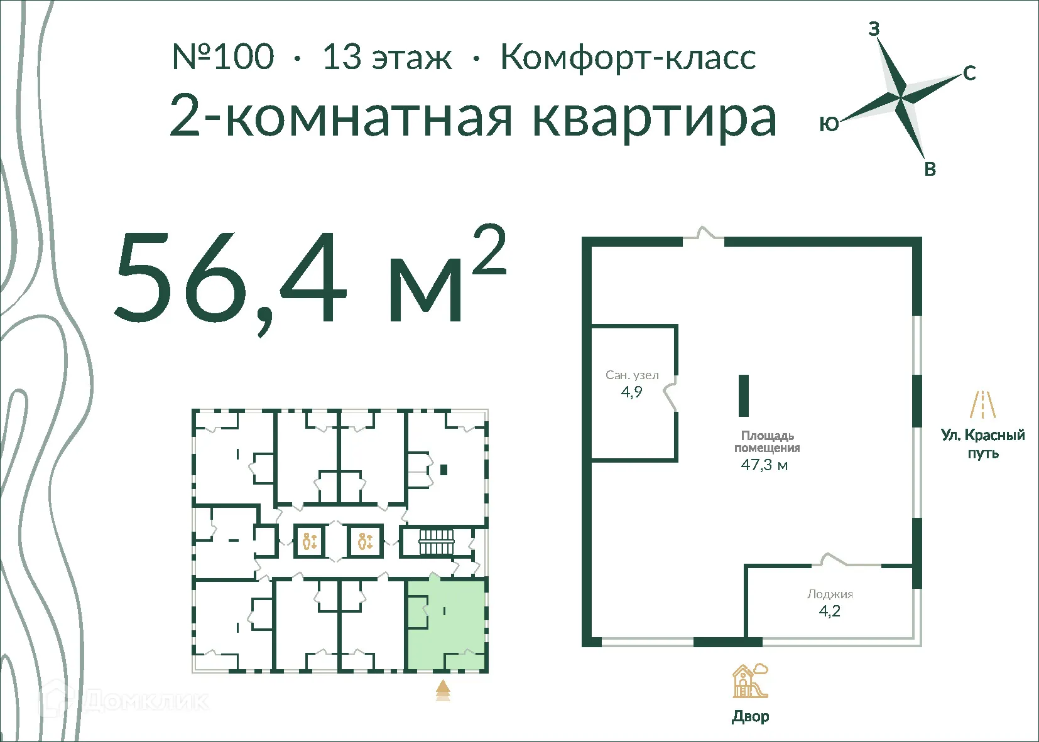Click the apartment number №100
pyautogui.click(x=223, y=57)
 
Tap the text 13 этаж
pyautogui.click(x=387, y=57)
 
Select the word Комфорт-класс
pyautogui.click(x=628, y=57)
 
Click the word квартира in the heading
pyautogui.click(x=655, y=118)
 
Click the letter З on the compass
pyautogui.click(x=874, y=29)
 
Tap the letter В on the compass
pyautogui.click(x=930, y=169)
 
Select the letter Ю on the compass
pyautogui.click(x=829, y=124)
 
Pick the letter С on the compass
pyautogui.click(x=969, y=73)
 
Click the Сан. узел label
pyautogui.click(x=632, y=375)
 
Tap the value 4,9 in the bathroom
pyautogui.click(x=632, y=392)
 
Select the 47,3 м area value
pyautogui.click(x=764, y=465)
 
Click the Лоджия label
pyautogui.click(x=830, y=594)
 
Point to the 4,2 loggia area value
pyautogui.click(x=830, y=611)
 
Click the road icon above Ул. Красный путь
pyautogui.click(x=983, y=404)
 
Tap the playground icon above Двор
pyautogui.click(x=750, y=681)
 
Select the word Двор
pyautogui.click(x=750, y=716)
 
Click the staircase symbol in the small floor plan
pyautogui.click(x=436, y=542)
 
